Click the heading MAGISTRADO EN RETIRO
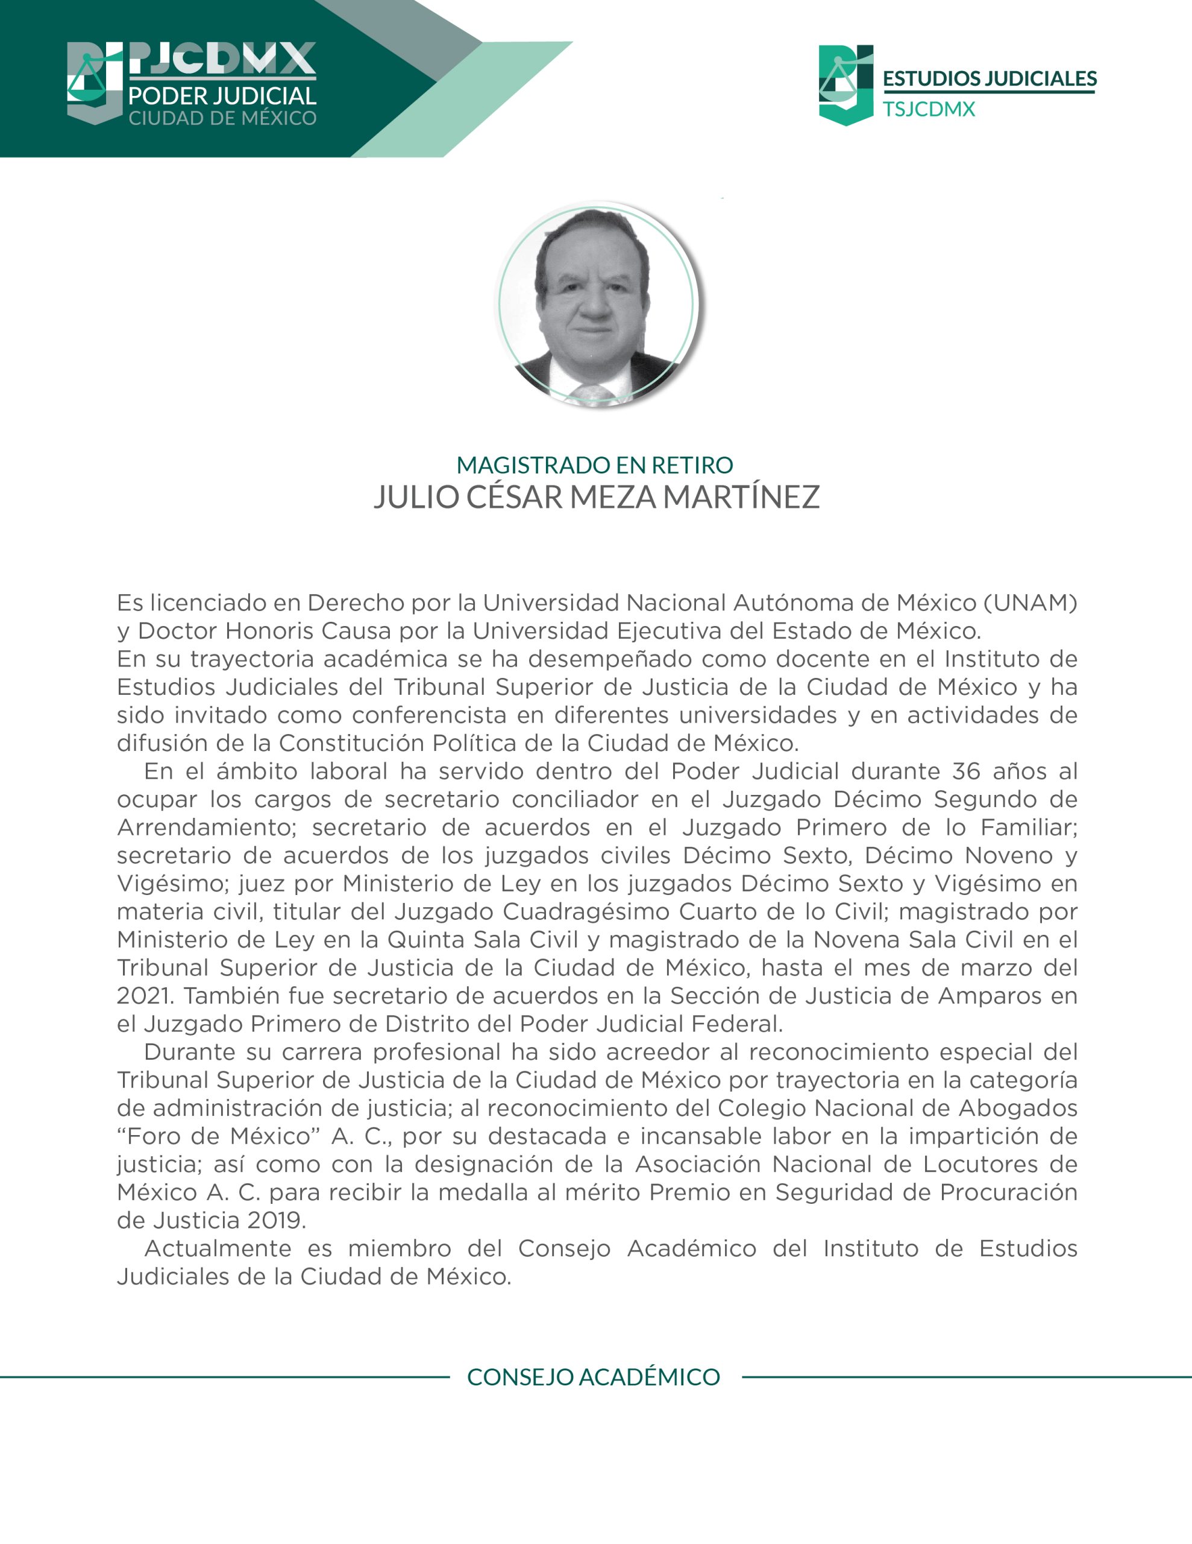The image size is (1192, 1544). pos(595,465)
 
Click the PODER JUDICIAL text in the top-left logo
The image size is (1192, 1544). pos(222,96)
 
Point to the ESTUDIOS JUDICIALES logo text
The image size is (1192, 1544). pos(989,78)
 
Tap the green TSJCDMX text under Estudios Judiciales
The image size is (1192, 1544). pos(929,110)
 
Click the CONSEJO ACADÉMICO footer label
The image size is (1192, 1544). pos(594,1377)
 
